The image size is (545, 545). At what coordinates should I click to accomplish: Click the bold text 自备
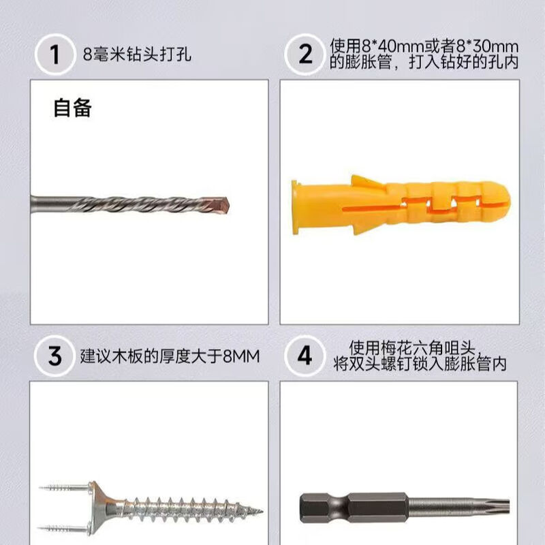pyautogui.click(x=72, y=108)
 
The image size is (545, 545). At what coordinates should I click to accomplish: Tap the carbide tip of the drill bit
pyautogui.click(x=223, y=204)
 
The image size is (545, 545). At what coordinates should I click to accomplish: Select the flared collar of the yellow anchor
pyautogui.click(x=296, y=207)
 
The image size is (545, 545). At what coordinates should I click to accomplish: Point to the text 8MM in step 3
pyautogui.click(x=242, y=356)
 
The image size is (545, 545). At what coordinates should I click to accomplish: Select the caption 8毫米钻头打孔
pyautogui.click(x=136, y=54)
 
